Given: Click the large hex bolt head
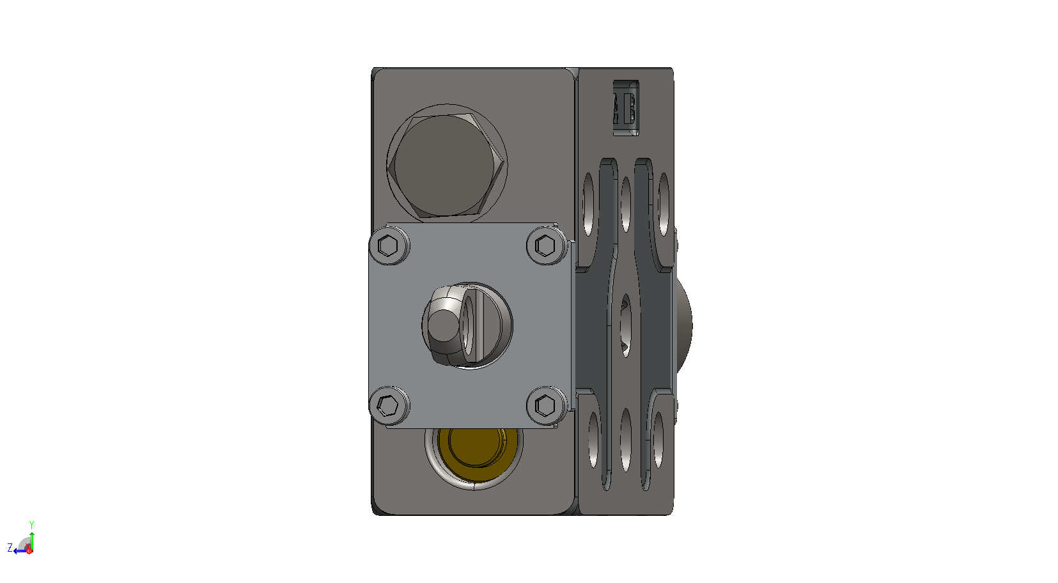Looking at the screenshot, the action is coord(446,166).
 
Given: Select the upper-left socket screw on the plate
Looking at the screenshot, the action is coord(389,245).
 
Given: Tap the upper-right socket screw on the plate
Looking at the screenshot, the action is coord(547,245).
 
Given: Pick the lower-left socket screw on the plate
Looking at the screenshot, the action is coord(389,405).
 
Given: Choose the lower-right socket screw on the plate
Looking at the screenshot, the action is coord(547,405).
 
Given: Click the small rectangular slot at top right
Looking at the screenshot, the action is coord(626,108).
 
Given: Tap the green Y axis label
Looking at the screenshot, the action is coord(32,525).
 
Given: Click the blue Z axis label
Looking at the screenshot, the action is coord(10,548).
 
